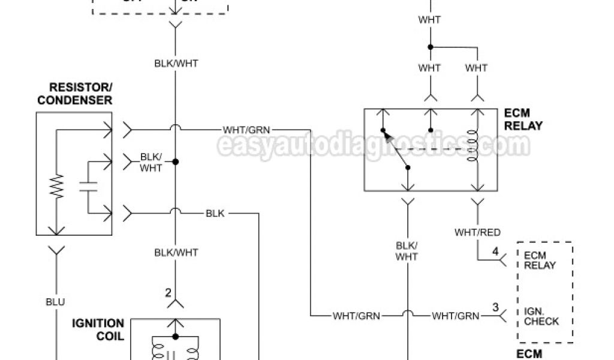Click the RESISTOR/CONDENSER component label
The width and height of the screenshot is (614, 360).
(x=74, y=94)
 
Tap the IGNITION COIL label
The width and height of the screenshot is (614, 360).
(x=98, y=329)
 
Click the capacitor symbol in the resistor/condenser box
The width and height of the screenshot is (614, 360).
(x=88, y=186)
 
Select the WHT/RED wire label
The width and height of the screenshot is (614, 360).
(x=477, y=232)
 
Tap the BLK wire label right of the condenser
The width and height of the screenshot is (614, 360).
(x=215, y=213)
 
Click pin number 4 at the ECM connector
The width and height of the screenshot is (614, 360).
(x=495, y=251)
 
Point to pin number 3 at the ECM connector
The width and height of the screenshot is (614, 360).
(x=495, y=307)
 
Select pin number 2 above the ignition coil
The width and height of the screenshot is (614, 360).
(x=168, y=293)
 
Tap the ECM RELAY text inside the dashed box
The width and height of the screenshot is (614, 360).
(x=540, y=260)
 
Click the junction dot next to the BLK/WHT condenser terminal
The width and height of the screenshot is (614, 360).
(x=176, y=161)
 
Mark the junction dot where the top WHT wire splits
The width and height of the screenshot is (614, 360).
(x=430, y=47)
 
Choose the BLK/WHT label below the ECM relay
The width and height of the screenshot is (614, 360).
(x=407, y=251)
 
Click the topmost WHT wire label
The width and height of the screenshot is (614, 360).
(x=430, y=20)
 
